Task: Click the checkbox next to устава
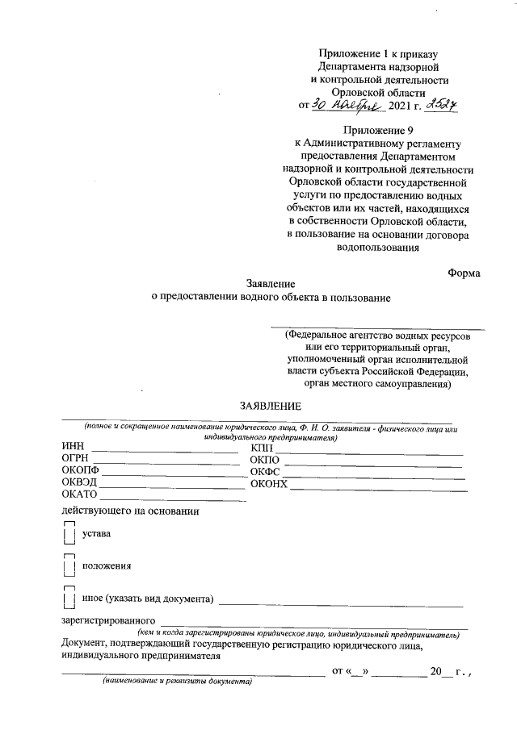[69, 534]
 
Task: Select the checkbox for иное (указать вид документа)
[69, 599]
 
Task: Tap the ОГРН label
[75, 459]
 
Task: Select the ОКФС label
[264, 472]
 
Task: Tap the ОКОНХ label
[269, 484]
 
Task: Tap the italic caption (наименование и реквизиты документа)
[171, 682]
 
